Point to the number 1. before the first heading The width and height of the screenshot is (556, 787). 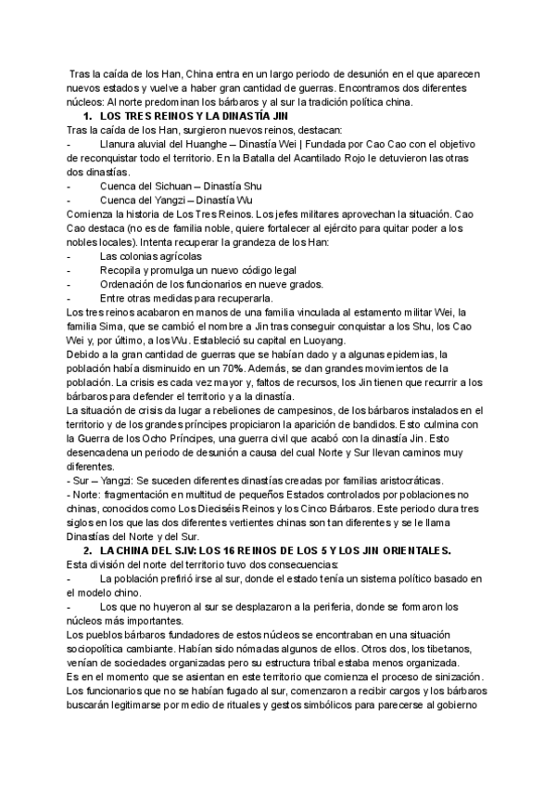click(x=88, y=116)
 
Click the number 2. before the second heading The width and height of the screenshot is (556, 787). click(x=88, y=550)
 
